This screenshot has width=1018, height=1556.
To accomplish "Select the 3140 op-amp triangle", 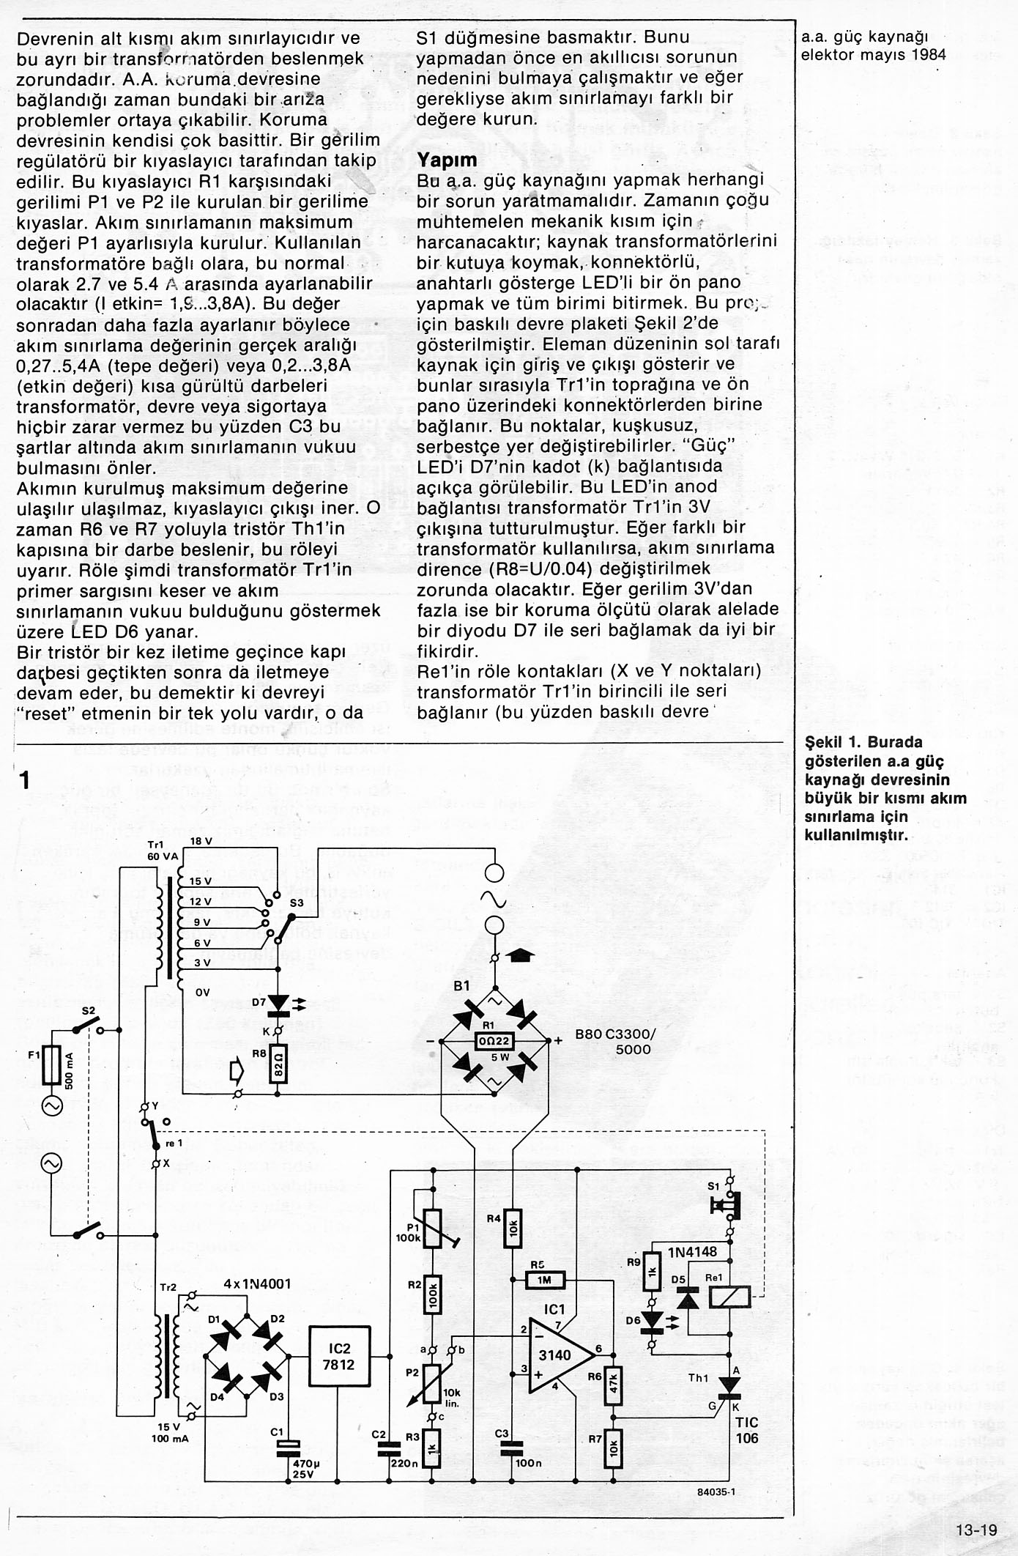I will pos(556,1355).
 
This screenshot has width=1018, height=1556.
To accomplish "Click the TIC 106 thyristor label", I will pos(747,1429).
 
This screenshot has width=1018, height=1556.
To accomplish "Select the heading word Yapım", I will pos(447,160).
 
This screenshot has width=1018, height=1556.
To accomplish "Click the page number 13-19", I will pos(976,1530).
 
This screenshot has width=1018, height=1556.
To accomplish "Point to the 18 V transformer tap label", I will pos(201,842).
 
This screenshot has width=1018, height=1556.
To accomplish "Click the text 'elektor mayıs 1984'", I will pos(873,54).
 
